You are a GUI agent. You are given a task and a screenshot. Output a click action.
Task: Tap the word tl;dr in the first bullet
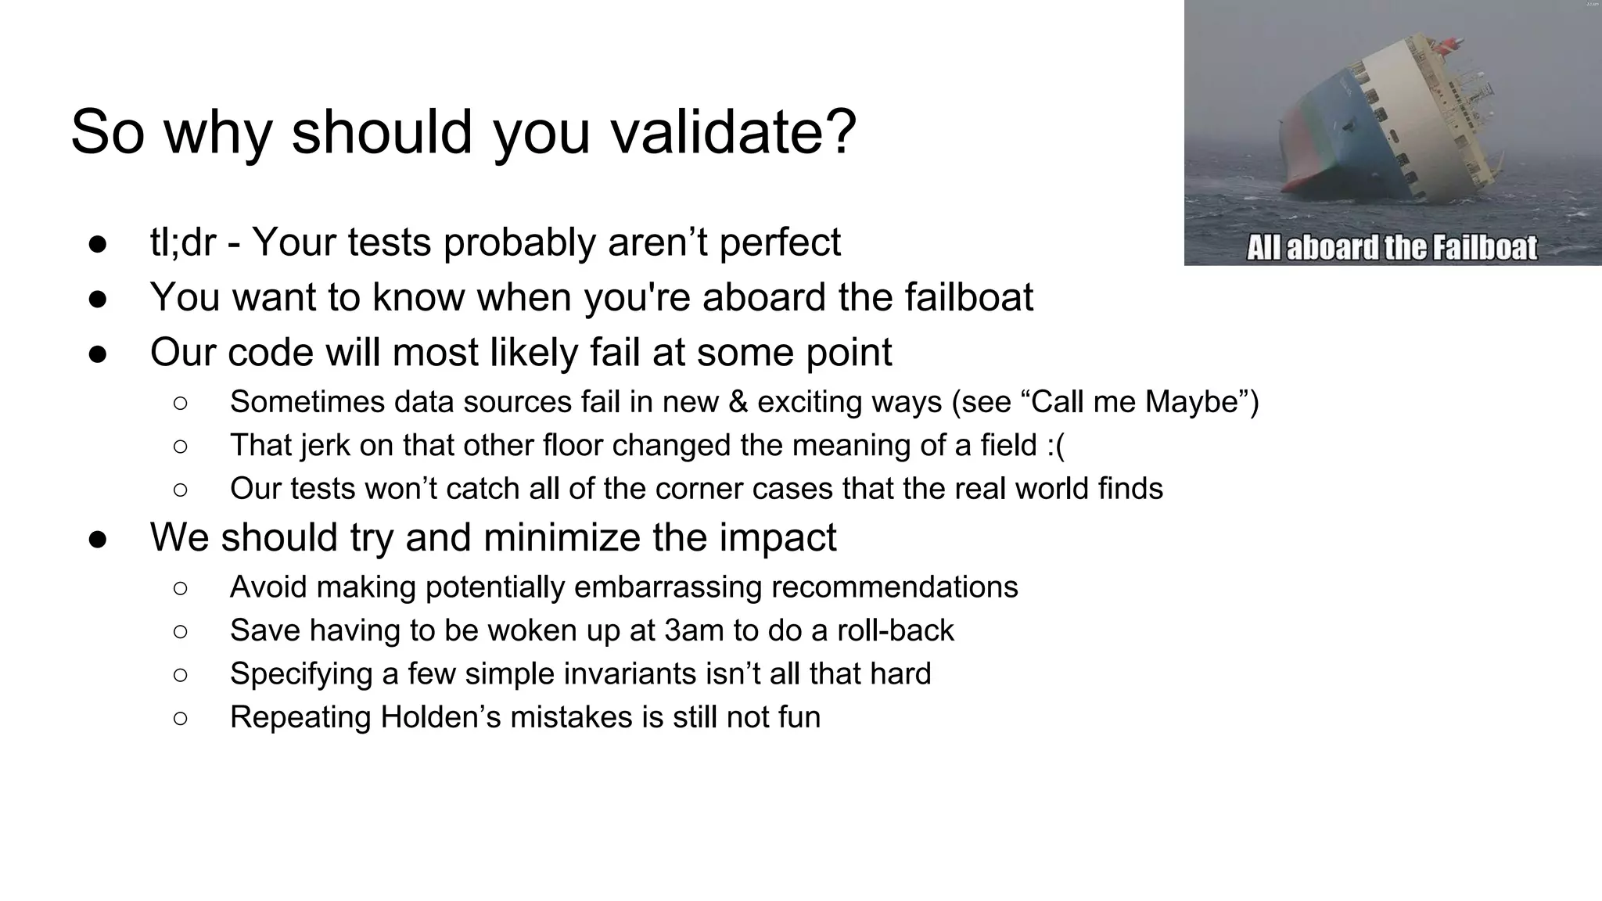(x=182, y=242)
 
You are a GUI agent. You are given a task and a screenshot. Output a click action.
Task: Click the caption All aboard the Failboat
(x=1391, y=248)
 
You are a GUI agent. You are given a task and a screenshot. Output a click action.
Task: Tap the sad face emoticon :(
(x=1056, y=446)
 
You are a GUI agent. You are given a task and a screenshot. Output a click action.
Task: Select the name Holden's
(x=440, y=717)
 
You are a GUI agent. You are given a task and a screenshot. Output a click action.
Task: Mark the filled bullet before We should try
(x=98, y=540)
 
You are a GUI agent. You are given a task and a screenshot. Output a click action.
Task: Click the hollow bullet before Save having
(x=180, y=631)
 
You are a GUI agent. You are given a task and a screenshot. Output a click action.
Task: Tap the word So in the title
(x=107, y=131)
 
